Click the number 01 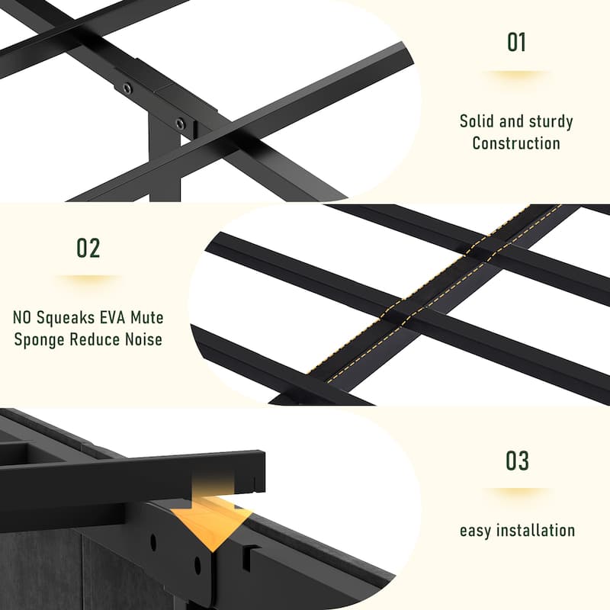pyautogui.click(x=516, y=42)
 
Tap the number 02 pyautogui.click(x=88, y=249)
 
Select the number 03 pyautogui.click(x=517, y=461)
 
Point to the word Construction pyautogui.click(x=516, y=143)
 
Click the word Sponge pyautogui.click(x=42, y=339)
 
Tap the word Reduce pyautogui.click(x=95, y=339)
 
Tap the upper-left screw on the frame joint pyautogui.click(x=127, y=88)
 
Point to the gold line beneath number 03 pyautogui.click(x=517, y=490)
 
